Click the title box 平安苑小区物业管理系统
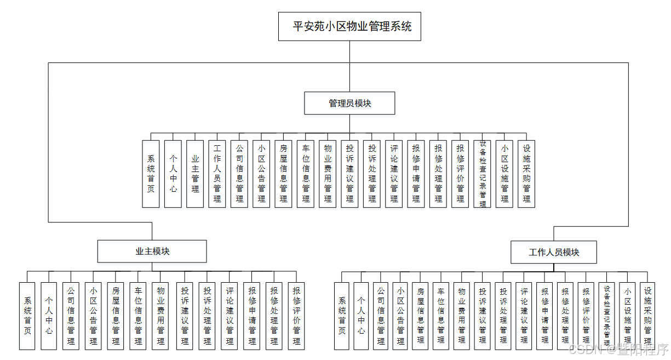[349, 26]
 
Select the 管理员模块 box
[349, 103]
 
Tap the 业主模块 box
[152, 252]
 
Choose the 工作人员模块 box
[554, 252]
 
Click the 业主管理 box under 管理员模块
[195, 174]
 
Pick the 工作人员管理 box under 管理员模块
[217, 174]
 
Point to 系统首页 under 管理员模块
[151, 174]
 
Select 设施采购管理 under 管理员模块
[526, 174]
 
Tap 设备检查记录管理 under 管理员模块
[483, 174]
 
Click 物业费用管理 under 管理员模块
[328, 174]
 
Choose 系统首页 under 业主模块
[27, 316]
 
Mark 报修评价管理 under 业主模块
[296, 316]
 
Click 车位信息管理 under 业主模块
[138, 316]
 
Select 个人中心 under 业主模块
[49, 316]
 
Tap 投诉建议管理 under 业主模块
[185, 316]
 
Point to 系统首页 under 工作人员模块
[342, 316]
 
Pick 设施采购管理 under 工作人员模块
[647, 316]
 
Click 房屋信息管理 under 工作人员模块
[420, 316]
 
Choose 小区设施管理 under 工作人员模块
[627, 316]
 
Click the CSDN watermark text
[618, 349]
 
